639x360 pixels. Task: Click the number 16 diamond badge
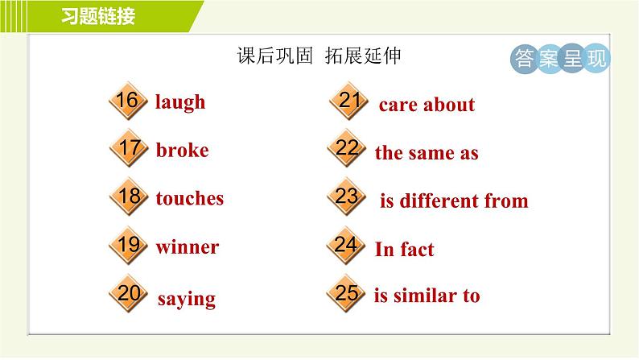click(x=128, y=101)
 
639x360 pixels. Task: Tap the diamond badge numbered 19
click(x=128, y=245)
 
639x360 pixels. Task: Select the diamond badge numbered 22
click(x=346, y=147)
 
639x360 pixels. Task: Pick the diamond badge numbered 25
click(x=346, y=292)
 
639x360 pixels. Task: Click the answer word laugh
click(x=180, y=102)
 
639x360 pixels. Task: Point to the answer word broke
click(x=182, y=150)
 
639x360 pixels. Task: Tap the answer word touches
click(x=189, y=198)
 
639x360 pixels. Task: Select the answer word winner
click(x=188, y=247)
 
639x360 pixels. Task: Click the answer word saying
click(x=187, y=300)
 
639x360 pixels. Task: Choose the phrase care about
click(x=427, y=105)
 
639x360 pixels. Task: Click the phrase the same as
click(x=427, y=153)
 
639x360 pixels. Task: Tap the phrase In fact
click(x=404, y=249)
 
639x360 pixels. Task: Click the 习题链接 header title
click(x=98, y=17)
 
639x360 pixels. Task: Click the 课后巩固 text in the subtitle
click(x=274, y=56)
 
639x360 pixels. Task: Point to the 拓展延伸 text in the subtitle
click(x=363, y=56)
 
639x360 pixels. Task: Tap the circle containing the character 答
click(x=525, y=59)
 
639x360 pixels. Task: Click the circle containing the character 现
click(x=596, y=59)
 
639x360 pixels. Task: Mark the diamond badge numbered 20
click(x=128, y=292)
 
